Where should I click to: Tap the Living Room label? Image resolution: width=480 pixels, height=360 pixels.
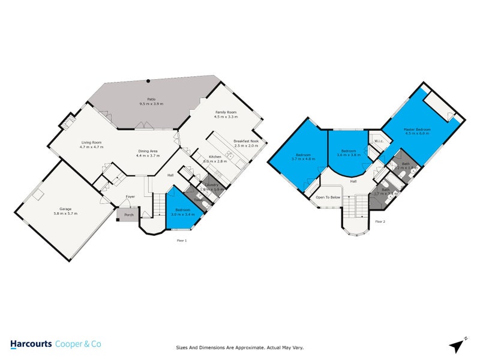pyautogui.click(x=92, y=142)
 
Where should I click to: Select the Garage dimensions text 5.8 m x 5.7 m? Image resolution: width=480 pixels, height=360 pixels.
pyautogui.click(x=64, y=214)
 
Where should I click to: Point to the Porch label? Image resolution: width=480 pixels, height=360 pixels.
pyautogui.click(x=128, y=214)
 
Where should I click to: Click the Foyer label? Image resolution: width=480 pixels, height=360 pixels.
pyautogui.click(x=130, y=197)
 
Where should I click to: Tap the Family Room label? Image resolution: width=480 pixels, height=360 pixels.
pyautogui.click(x=226, y=112)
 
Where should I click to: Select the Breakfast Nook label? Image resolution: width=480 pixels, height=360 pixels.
pyautogui.click(x=246, y=142)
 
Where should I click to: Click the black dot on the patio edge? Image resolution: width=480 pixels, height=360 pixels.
pyautogui.click(x=148, y=80)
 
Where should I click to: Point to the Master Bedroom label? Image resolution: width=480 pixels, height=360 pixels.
pyautogui.click(x=418, y=129)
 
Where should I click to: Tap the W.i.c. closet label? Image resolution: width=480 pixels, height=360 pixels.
pyautogui.click(x=378, y=142)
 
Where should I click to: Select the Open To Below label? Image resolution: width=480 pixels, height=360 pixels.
pyautogui.click(x=328, y=197)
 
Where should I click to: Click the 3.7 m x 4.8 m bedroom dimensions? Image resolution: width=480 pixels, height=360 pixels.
pyautogui.click(x=303, y=159)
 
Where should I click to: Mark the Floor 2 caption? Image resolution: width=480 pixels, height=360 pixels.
pyautogui.click(x=380, y=221)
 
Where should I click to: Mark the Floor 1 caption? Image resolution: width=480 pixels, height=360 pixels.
pyautogui.click(x=182, y=240)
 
